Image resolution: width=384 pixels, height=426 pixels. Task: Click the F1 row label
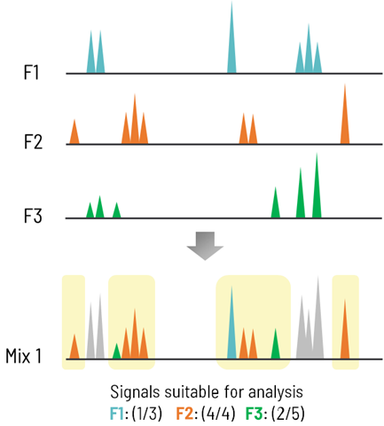(x=31, y=72)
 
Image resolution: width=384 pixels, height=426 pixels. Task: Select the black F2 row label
(x=31, y=142)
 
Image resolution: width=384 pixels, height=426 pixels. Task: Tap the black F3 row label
(x=31, y=215)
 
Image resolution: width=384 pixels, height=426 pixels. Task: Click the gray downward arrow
(x=203, y=245)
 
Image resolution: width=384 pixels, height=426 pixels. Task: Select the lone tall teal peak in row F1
(x=231, y=44)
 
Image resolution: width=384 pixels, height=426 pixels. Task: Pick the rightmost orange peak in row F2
(x=345, y=120)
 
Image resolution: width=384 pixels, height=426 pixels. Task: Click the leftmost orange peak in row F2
(x=74, y=133)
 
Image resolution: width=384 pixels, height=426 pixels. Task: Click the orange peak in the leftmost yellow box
(x=74, y=349)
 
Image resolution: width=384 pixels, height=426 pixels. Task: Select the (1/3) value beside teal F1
(x=144, y=412)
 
